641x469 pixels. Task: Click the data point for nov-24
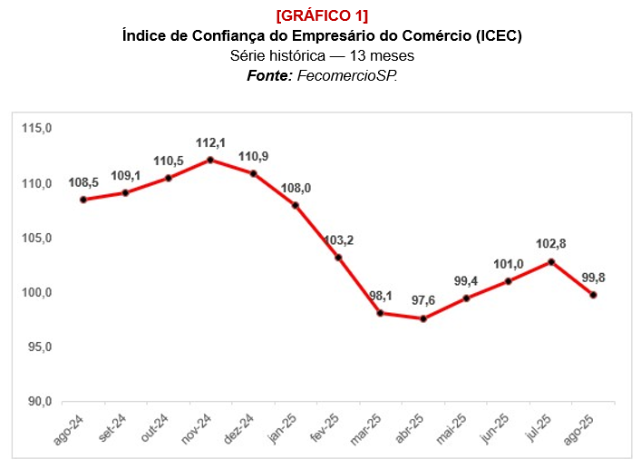tap(210, 160)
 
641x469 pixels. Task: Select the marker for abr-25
tap(423, 318)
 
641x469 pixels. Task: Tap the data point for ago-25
tap(594, 295)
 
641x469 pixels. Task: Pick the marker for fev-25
tap(338, 258)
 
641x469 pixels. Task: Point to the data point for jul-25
tap(551, 262)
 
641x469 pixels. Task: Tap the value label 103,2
tap(338, 240)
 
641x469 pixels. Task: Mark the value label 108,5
tap(83, 183)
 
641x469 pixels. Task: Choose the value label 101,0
tap(509, 265)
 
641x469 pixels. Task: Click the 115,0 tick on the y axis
tap(37, 129)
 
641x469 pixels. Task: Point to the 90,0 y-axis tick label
tap(37, 402)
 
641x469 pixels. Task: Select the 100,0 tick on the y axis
tap(37, 293)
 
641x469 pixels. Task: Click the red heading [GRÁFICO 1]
tap(322, 16)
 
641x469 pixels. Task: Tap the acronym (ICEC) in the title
tap(493, 36)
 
